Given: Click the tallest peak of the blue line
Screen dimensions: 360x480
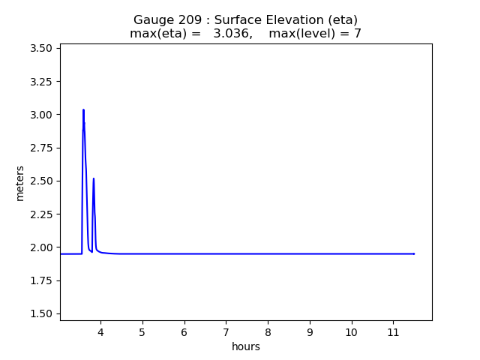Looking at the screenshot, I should pos(83,110).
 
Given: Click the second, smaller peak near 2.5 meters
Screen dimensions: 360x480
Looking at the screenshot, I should pos(94,178).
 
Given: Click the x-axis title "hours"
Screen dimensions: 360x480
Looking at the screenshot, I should pos(246,346).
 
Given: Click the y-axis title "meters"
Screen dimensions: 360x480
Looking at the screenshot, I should pos(20,183).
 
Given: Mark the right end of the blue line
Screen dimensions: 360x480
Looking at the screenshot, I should pos(414,253).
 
